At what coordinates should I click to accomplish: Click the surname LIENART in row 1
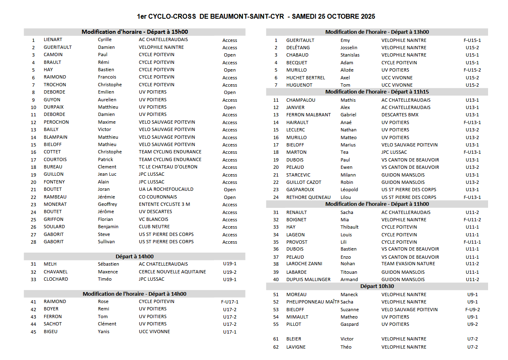(x=53, y=40)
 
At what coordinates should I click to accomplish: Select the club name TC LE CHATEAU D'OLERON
(x=168, y=167)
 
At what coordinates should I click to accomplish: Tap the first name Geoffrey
(x=107, y=204)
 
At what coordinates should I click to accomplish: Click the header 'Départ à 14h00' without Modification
(x=135, y=256)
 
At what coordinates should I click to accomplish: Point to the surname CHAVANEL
(x=56, y=272)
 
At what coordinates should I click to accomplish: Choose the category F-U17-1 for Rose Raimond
(x=229, y=302)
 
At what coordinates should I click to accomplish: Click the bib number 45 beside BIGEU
(x=33, y=332)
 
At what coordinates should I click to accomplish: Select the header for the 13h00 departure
(x=377, y=32)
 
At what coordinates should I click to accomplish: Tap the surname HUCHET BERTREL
(x=305, y=78)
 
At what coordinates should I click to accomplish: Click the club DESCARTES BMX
(x=400, y=115)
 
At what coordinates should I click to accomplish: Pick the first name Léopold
(x=349, y=190)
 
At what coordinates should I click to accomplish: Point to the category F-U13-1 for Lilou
(x=472, y=197)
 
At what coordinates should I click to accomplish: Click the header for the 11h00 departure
(x=377, y=204)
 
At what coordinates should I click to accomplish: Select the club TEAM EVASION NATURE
(x=408, y=264)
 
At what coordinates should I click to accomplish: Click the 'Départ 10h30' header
(x=377, y=286)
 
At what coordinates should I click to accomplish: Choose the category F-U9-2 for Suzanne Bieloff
(x=472, y=310)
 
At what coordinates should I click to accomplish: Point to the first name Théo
(x=346, y=347)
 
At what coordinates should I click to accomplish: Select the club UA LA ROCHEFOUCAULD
(x=166, y=189)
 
